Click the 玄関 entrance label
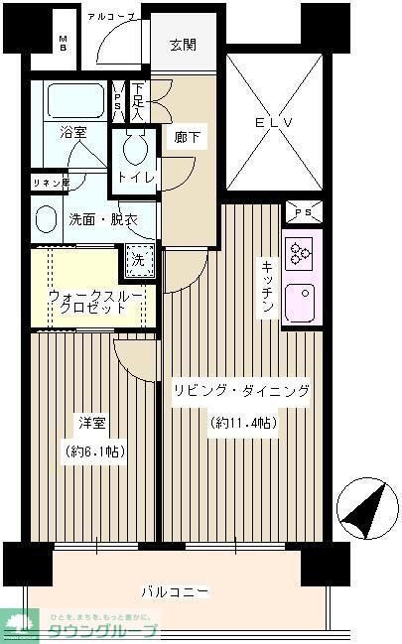(183, 45)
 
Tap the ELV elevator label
(274, 124)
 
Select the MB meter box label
(62, 44)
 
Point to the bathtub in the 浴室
(73, 101)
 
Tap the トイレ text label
(135, 179)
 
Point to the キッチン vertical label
(268, 289)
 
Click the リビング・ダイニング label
(241, 391)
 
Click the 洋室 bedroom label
(92, 424)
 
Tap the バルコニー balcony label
(174, 592)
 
